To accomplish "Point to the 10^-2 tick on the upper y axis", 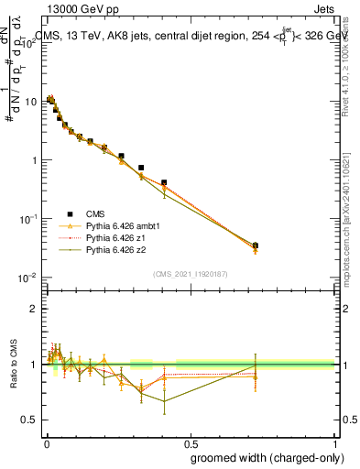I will coord(28,278).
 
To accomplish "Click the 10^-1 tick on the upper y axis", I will coord(28,219).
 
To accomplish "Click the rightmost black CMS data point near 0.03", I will coord(255,245).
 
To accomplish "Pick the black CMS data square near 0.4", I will coord(164,183).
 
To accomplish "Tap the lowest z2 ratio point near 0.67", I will coord(164,401).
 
